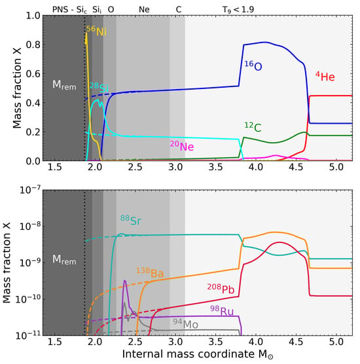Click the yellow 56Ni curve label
(97, 31)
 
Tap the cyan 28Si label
(99, 88)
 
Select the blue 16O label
(253, 65)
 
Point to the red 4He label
(325, 77)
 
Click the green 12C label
(253, 127)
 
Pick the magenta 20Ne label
(182, 146)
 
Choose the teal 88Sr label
(131, 221)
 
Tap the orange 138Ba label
(150, 273)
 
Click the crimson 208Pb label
(221, 289)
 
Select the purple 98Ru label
(222, 311)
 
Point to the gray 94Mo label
(186, 324)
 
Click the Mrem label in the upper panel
(64, 85)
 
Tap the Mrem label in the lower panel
(64, 259)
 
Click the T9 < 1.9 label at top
(238, 10)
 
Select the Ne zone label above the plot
(144, 10)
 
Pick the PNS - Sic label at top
(69, 10)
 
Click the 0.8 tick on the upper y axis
(32, 45)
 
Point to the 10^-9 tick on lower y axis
(29, 263)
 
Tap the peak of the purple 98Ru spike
(124, 280)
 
